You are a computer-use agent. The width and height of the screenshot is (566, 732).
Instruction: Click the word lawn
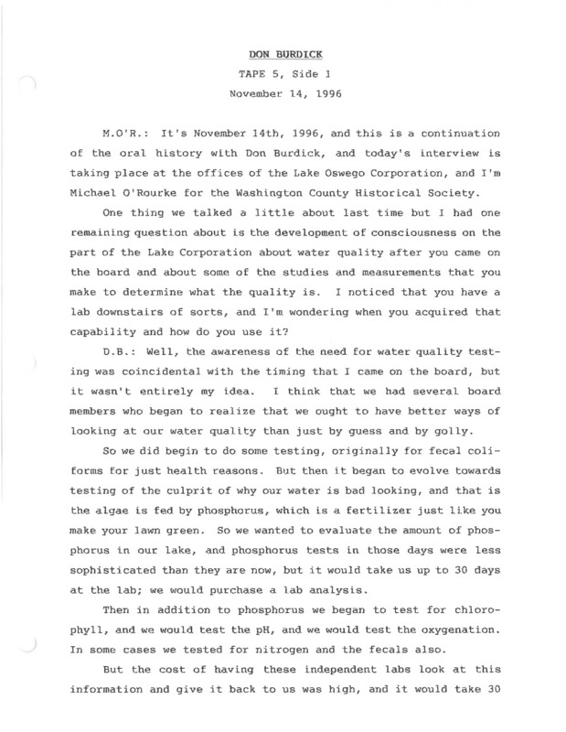click(x=198, y=542)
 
